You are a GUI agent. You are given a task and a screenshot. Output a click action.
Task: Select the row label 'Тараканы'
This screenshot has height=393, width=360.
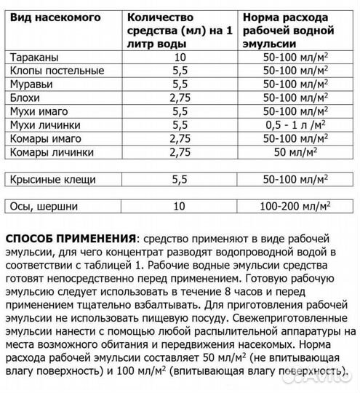[36, 57]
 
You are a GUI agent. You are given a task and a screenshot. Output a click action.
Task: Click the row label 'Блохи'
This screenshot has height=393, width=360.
[28, 98]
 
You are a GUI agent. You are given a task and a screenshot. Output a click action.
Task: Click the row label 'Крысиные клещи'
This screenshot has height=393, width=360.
[53, 179]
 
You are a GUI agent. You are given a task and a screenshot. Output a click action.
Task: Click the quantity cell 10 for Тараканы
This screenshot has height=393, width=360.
[181, 57]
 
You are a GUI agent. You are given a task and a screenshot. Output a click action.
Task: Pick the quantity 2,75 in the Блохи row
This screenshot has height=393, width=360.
[180, 98]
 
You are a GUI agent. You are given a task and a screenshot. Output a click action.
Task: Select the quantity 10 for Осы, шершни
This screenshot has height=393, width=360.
[180, 207]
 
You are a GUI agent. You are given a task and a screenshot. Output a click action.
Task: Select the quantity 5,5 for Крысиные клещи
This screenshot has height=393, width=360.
[181, 179]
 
